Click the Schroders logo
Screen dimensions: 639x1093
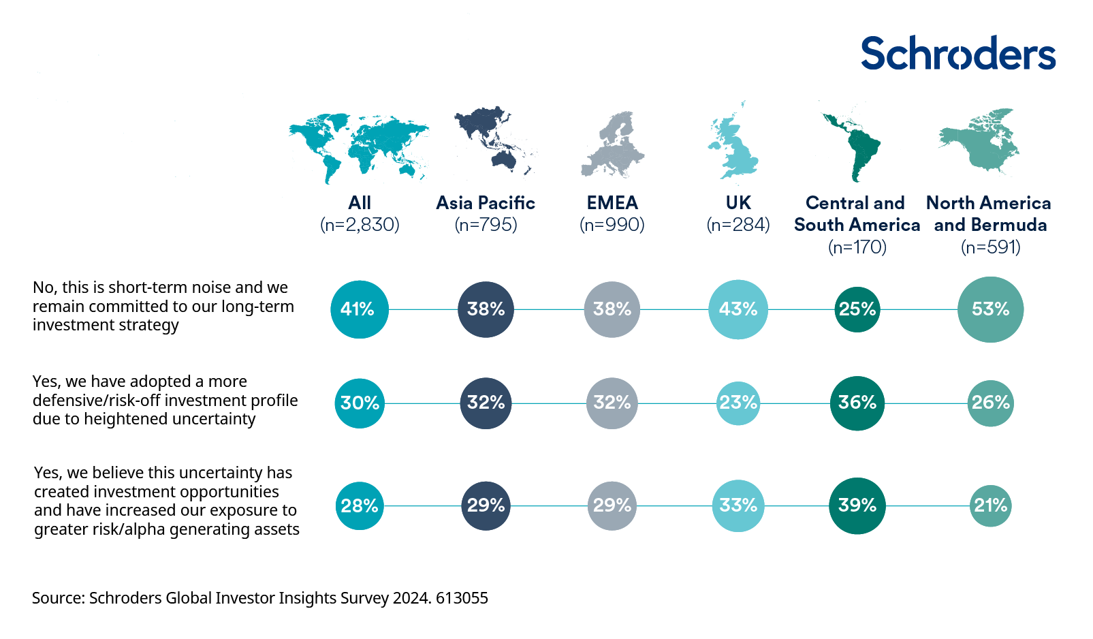click(957, 53)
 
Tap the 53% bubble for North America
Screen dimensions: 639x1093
click(990, 309)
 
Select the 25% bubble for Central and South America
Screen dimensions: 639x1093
click(857, 309)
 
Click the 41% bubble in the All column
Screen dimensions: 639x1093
click(359, 309)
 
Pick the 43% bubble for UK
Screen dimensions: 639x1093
click(738, 309)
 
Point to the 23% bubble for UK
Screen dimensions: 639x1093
click(738, 403)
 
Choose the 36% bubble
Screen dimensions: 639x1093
click(857, 403)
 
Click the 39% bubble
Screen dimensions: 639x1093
click(857, 505)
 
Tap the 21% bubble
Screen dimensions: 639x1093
click(990, 505)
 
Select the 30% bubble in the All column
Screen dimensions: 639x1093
click(360, 403)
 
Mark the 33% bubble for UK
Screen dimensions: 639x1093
click(738, 505)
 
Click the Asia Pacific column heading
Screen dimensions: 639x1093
click(486, 203)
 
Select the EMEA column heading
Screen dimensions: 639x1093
click(612, 203)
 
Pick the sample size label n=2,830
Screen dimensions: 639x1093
click(360, 225)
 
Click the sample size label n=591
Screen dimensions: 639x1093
click(990, 247)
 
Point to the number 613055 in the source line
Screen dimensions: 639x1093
click(462, 598)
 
